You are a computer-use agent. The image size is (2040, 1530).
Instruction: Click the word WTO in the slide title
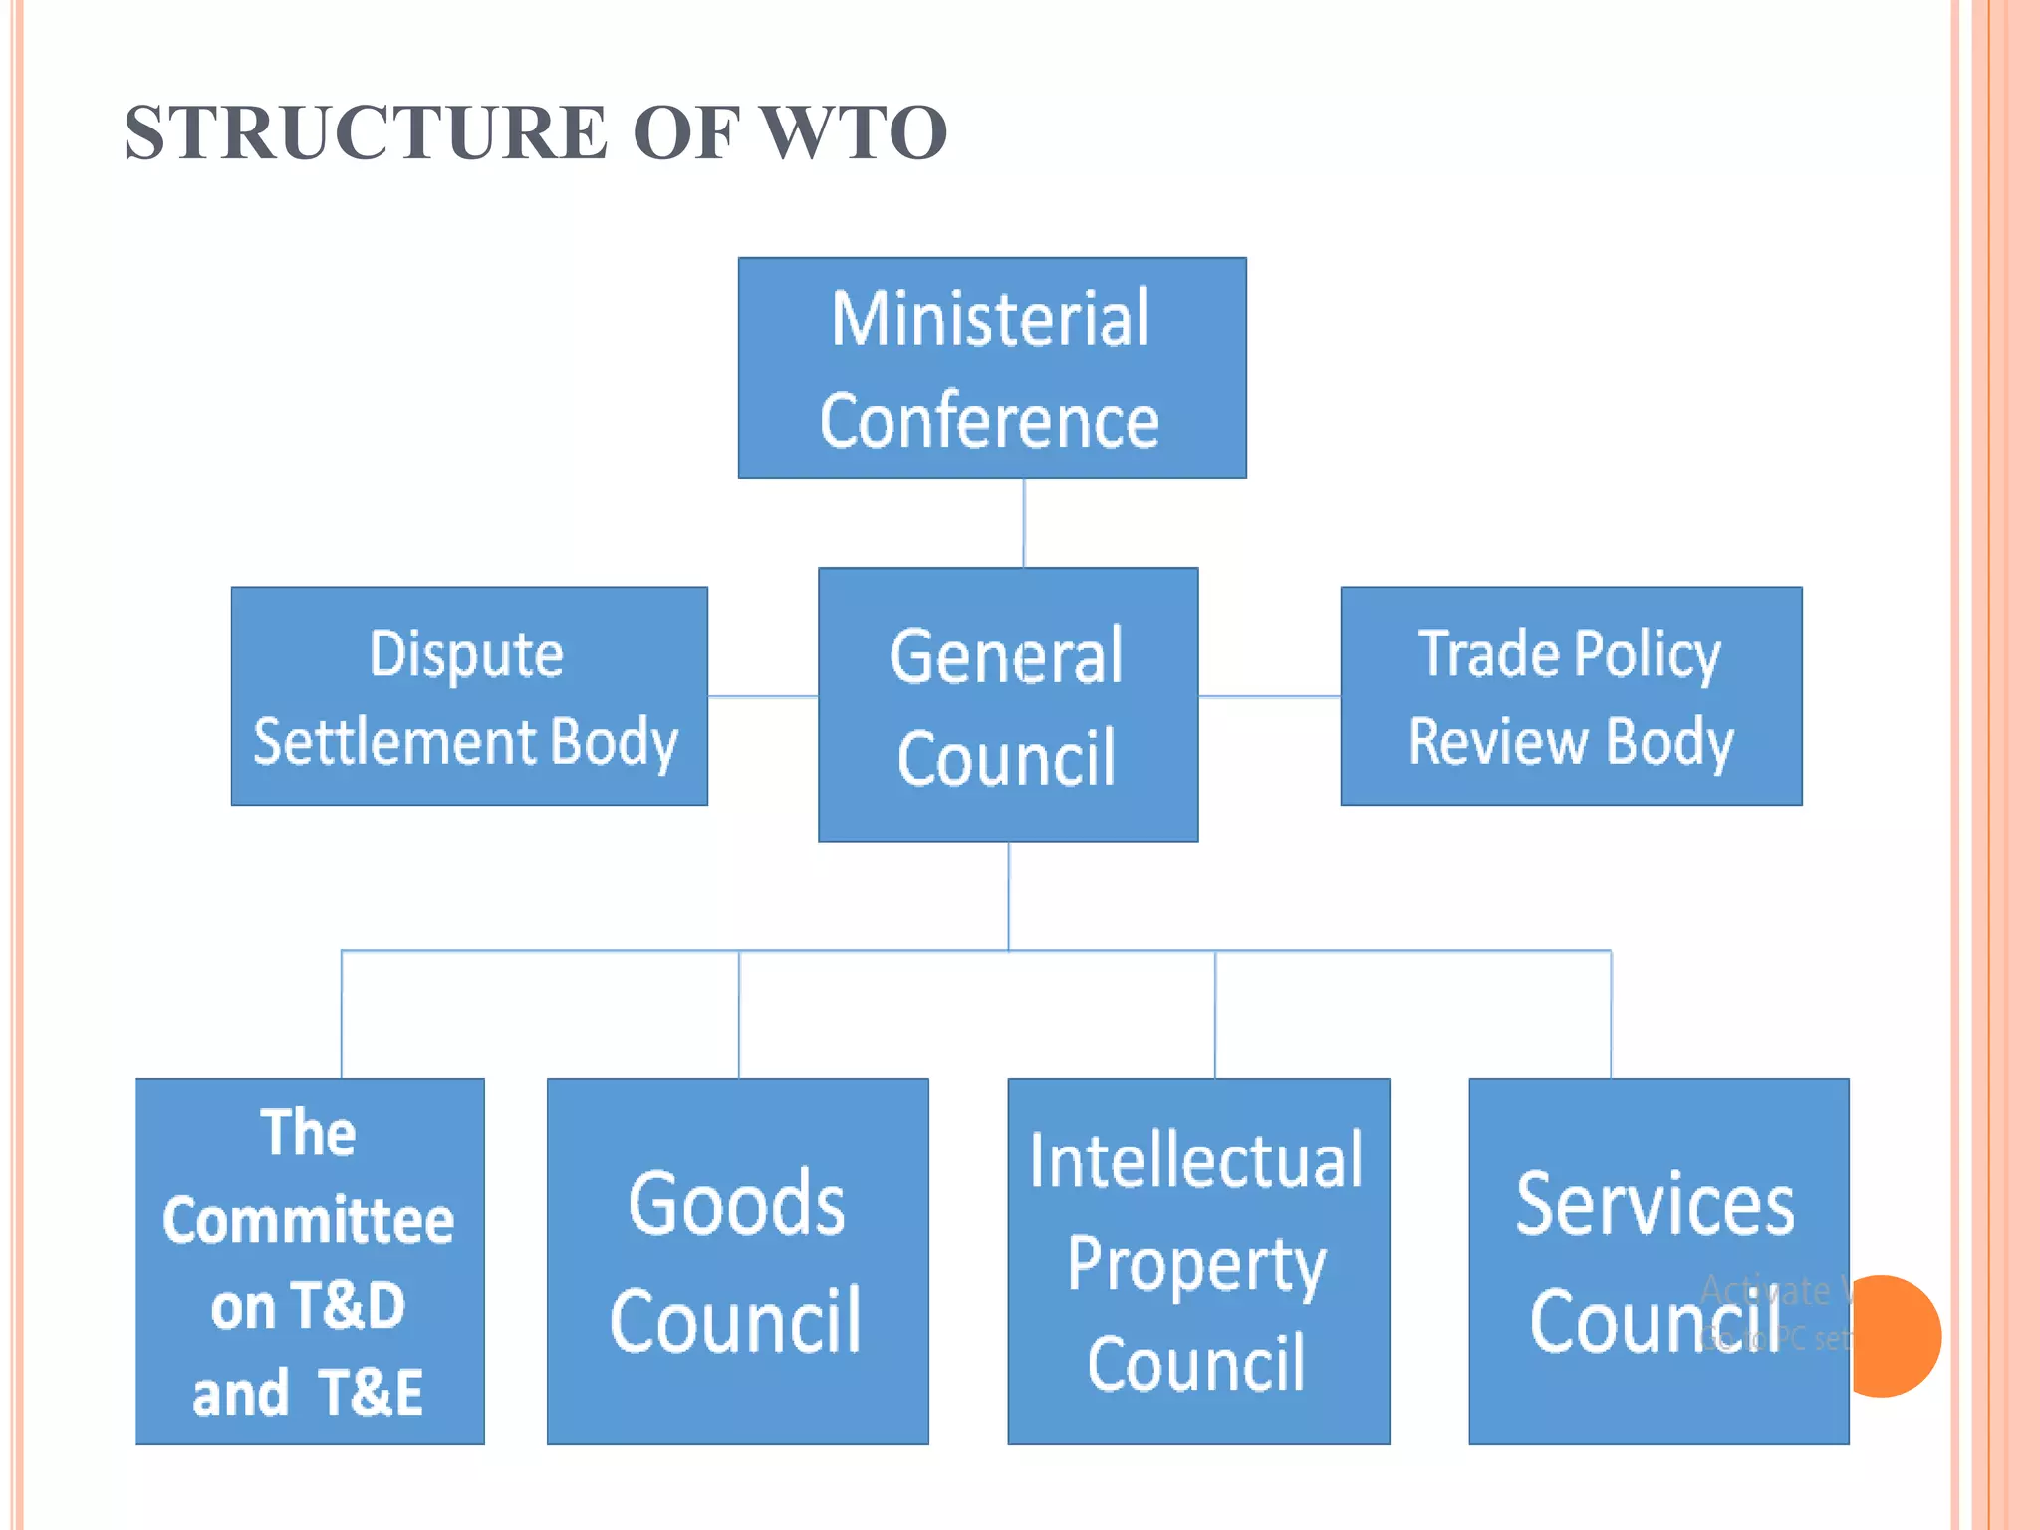[x=854, y=132]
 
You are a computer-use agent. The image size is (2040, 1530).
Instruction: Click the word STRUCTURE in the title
[x=366, y=132]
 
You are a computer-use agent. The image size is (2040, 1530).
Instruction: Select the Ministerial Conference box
[x=991, y=369]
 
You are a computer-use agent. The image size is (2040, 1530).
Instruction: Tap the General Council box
[x=1007, y=705]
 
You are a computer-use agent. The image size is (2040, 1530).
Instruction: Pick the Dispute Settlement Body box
[x=468, y=696]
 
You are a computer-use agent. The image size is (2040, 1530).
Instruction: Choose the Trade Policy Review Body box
[x=1570, y=696]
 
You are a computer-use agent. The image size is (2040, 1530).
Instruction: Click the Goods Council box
[x=737, y=1261]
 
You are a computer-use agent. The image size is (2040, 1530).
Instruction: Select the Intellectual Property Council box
[x=1197, y=1261]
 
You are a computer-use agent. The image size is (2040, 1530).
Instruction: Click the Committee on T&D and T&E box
[x=309, y=1261]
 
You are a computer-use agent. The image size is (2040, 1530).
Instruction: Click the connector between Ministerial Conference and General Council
[x=1024, y=523]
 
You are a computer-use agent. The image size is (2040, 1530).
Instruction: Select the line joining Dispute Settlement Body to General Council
[x=763, y=696]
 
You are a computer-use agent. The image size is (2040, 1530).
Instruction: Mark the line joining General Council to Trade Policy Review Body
[x=1269, y=696]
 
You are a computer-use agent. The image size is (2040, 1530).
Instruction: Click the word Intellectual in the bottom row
[x=1195, y=1161]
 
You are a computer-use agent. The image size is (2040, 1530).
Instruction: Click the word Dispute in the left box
[x=466, y=654]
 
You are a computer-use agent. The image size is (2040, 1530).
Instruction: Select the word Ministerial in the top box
[x=990, y=319]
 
